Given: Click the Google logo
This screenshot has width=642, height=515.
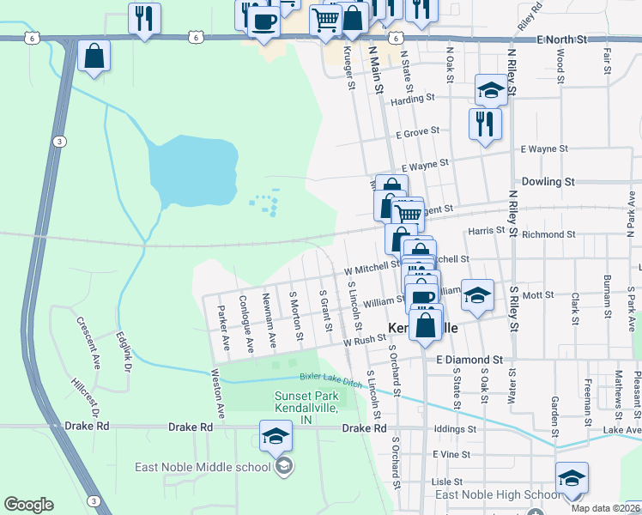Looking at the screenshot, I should [28, 505].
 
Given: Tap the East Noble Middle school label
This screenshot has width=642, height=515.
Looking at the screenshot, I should [203, 468].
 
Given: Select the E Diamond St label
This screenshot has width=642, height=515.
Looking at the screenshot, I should [469, 360].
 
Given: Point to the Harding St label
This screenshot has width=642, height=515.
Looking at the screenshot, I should [408, 100].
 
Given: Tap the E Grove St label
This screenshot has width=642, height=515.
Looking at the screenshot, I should [417, 133].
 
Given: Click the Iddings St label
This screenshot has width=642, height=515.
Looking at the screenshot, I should [454, 428].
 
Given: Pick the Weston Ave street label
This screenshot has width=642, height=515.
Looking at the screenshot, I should [221, 395].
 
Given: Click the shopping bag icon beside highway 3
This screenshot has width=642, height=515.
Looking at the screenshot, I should [94, 57].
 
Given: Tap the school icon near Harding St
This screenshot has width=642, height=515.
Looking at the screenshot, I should [491, 90].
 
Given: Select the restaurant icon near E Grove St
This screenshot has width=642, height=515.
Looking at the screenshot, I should [485, 123].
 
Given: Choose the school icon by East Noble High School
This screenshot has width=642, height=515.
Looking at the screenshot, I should [572, 478].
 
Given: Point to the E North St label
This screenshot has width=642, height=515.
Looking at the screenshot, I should [561, 39].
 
